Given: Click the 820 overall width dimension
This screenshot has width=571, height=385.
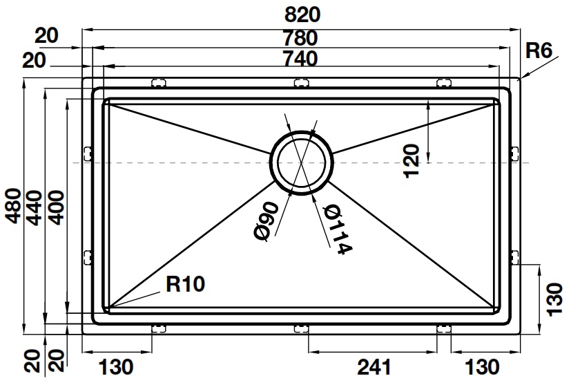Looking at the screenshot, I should [x=300, y=14].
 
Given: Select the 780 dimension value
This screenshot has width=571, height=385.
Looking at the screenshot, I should [x=300, y=37].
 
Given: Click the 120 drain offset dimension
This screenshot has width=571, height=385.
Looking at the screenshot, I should [x=412, y=161].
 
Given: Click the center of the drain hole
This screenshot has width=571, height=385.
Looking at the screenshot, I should [x=301, y=163].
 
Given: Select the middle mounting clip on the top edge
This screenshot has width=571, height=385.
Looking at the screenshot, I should [x=301, y=83].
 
